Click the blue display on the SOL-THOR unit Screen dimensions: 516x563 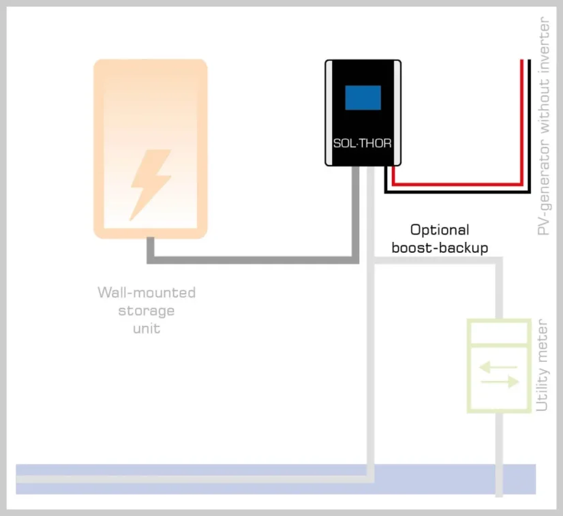pyautogui.click(x=363, y=97)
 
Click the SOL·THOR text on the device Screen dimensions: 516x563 pyautogui.click(x=362, y=144)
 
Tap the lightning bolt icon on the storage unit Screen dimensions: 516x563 pyautogui.click(x=150, y=184)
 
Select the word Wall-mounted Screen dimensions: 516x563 pyautogui.click(x=147, y=293)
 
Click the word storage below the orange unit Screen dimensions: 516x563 pyautogui.click(x=147, y=311)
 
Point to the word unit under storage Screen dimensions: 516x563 pyautogui.click(x=147, y=328)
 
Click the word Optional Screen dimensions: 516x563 pyautogui.click(x=440, y=230)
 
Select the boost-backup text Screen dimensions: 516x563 pyautogui.click(x=440, y=247)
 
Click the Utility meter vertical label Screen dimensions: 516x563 pyautogui.click(x=543, y=365)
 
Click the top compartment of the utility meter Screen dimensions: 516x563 pyautogui.click(x=499, y=332)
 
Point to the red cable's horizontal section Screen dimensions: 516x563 pyautogui.click(x=457, y=184)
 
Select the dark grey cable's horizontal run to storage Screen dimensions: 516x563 pyautogui.click(x=252, y=260)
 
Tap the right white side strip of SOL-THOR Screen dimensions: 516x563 pyautogui.click(x=396, y=113)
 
